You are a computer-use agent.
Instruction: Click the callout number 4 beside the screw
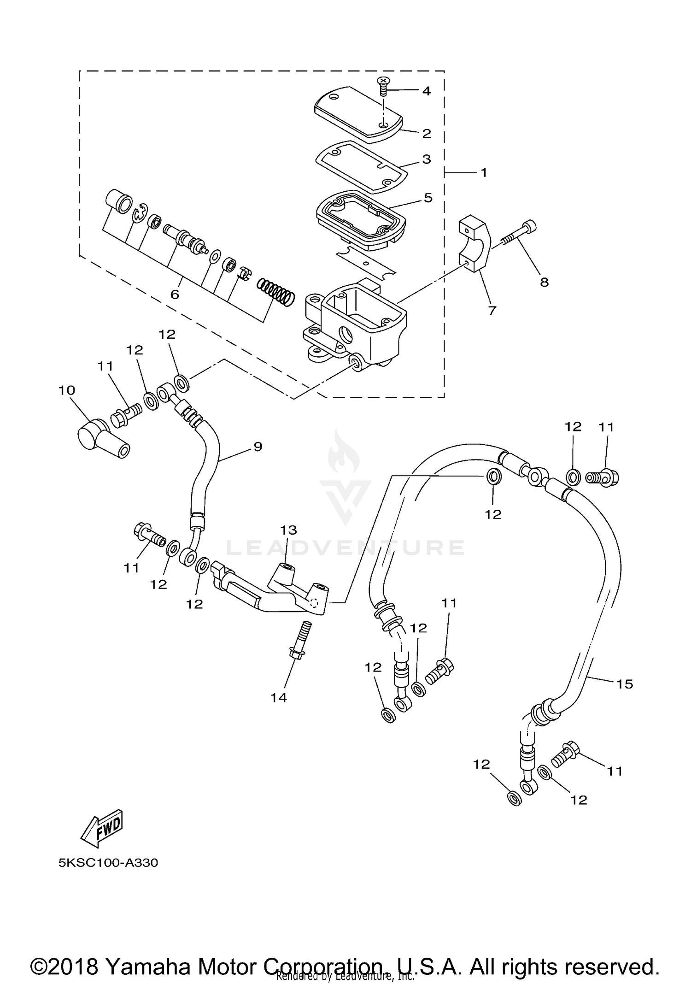pos(426,91)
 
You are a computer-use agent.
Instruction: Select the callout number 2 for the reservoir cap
pos(427,134)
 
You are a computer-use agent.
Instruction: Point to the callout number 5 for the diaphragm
pos(428,198)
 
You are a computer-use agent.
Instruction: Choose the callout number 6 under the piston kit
pos(175,295)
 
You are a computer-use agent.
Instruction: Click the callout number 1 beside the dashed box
pos(484,172)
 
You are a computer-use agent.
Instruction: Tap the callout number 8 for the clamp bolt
pos(544,282)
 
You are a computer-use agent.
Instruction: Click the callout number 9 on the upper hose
pos(258,446)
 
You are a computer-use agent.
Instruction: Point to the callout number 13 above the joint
pos(288,530)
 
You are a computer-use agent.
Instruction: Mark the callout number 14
pos(279,698)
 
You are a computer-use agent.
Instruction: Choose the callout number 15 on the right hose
pos(625,684)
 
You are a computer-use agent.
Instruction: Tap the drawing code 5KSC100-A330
pos(108,863)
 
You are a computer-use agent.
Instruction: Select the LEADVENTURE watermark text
pos(345,548)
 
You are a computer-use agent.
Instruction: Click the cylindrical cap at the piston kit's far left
pos(118,201)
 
